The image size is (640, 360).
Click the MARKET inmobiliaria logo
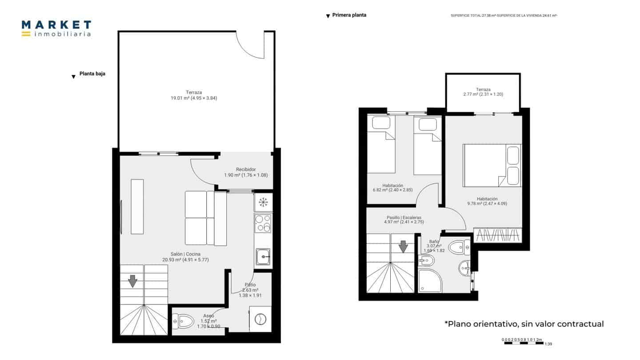point(56,28)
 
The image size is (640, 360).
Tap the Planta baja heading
point(92,74)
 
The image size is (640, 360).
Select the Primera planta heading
point(349,15)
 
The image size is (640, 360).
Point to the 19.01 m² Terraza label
point(194,95)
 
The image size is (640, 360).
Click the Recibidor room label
point(246,172)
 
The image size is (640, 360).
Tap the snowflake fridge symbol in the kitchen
point(264,202)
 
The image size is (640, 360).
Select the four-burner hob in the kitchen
point(263,223)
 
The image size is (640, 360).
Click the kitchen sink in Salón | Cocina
point(263,256)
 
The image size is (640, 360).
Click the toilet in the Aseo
point(183,320)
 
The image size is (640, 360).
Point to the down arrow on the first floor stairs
point(403,246)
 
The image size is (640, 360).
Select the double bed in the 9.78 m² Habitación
point(492,165)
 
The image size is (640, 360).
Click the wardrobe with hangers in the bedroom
point(498,235)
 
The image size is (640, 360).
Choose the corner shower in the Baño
point(429,280)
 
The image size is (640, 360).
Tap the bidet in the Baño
point(426,260)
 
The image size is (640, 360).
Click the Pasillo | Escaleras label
point(404,220)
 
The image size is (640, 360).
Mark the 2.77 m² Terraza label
point(483,92)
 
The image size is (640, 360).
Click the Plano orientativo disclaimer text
point(524,324)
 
